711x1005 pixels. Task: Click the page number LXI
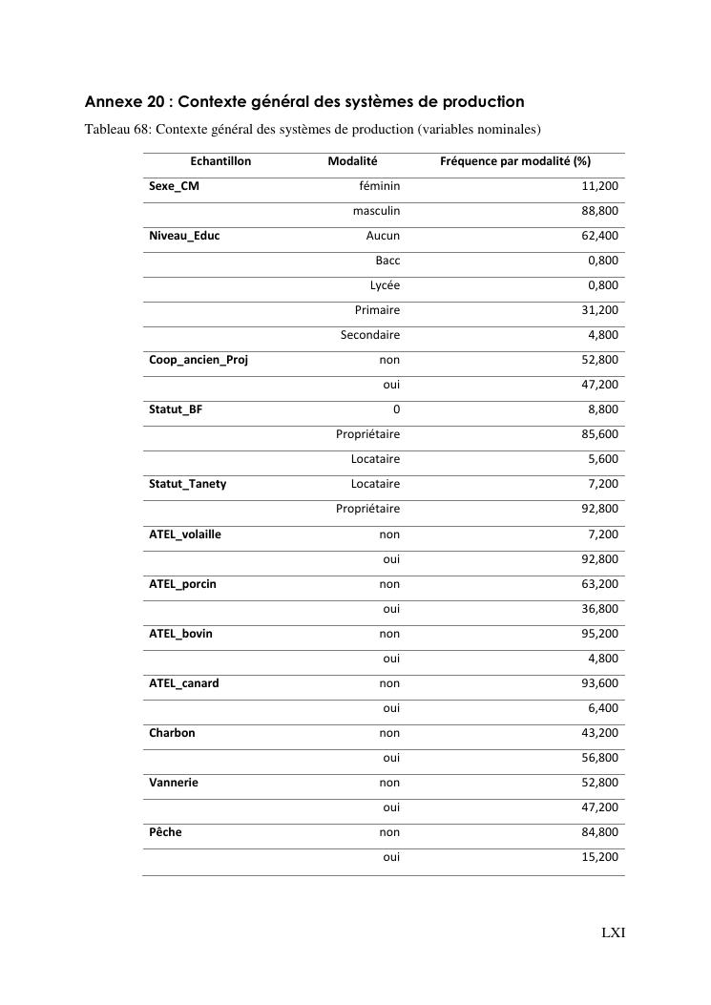[x=613, y=932]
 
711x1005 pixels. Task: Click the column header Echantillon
[x=220, y=161]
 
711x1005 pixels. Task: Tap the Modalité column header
[x=352, y=161]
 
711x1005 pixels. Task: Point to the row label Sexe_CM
[x=175, y=186]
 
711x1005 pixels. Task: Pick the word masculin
[x=376, y=211]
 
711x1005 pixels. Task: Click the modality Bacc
[x=387, y=261]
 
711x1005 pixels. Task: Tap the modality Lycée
[x=385, y=285]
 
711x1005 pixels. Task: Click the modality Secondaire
[x=370, y=335]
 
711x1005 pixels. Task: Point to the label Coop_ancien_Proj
[x=199, y=360]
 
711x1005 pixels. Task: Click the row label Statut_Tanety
[x=188, y=484]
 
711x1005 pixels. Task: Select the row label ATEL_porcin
[x=182, y=583]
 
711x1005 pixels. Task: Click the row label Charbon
[x=172, y=733]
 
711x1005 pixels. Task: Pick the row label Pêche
[x=165, y=832]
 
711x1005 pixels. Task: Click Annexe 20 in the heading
[x=125, y=101]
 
